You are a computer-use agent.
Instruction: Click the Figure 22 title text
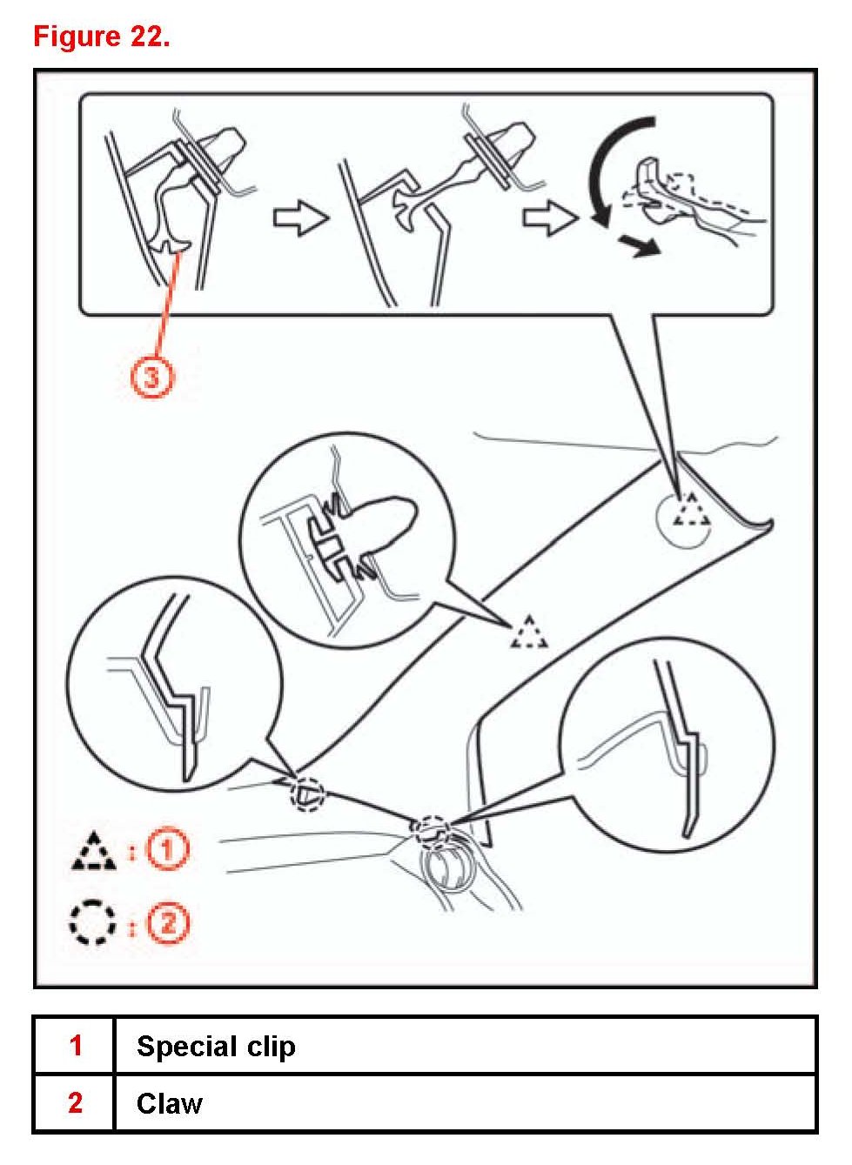(101, 37)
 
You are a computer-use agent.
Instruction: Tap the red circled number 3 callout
(151, 378)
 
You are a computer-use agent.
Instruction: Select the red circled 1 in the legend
(167, 849)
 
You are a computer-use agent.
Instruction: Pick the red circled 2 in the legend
(167, 922)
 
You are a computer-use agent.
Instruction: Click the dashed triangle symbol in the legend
(93, 853)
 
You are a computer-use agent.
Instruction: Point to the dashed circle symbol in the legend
(92, 922)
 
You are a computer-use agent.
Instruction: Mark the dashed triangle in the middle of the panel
(529, 633)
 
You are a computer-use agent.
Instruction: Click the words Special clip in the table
(216, 1046)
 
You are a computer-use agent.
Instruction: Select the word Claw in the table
(170, 1103)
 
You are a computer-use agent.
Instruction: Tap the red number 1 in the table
(76, 1045)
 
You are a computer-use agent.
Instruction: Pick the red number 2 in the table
(76, 1103)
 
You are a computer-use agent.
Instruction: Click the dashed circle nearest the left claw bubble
(307, 793)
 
